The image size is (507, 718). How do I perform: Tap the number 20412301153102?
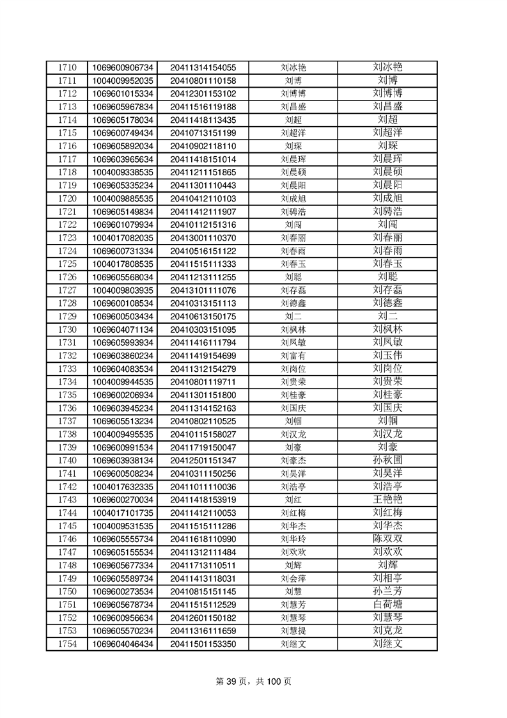(203, 93)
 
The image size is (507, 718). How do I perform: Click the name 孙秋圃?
(387, 460)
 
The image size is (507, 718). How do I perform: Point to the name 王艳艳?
(387, 499)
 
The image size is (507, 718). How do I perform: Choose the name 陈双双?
(387, 538)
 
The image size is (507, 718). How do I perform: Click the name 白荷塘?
(387, 604)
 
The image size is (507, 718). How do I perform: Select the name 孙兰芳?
(387, 591)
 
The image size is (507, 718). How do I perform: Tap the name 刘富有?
(293, 355)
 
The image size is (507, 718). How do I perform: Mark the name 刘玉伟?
(387, 355)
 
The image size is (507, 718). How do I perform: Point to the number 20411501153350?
(203, 643)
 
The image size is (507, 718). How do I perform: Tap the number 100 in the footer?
(273, 682)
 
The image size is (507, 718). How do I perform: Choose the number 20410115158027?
(203, 434)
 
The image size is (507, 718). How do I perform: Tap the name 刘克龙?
(387, 630)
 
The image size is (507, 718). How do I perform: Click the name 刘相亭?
(387, 578)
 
